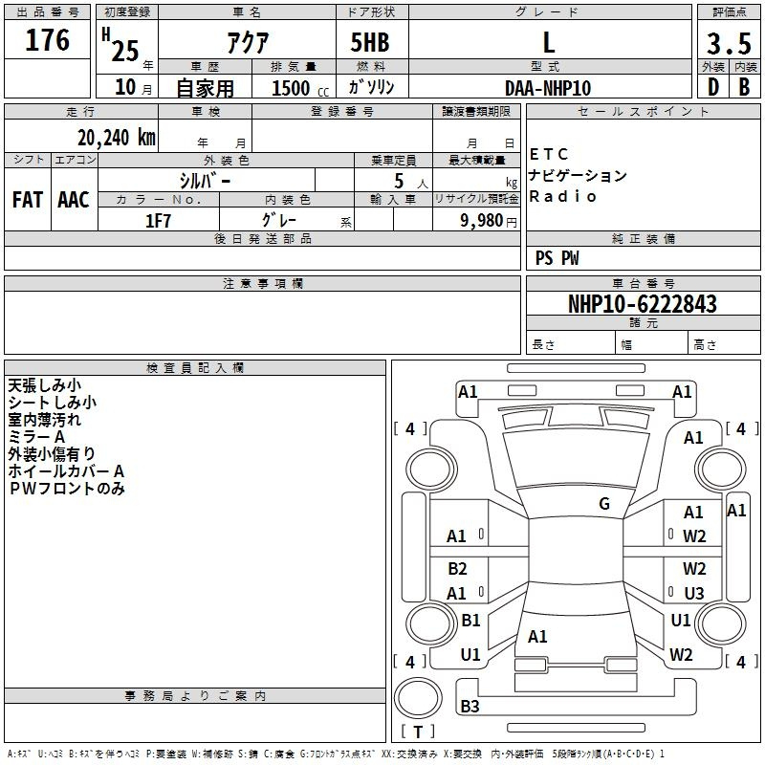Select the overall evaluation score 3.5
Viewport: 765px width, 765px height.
click(x=727, y=45)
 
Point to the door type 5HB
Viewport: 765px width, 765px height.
click(x=370, y=42)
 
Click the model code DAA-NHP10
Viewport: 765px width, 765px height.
click(x=548, y=88)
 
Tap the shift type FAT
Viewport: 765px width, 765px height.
click(x=27, y=200)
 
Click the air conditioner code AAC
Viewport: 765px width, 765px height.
click(x=74, y=200)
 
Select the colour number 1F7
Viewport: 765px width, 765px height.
click(x=158, y=221)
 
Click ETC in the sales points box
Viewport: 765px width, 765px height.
click(x=549, y=154)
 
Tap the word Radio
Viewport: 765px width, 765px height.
click(x=563, y=196)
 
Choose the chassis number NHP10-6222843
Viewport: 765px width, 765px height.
click(x=642, y=304)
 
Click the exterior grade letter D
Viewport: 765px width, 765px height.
click(x=712, y=87)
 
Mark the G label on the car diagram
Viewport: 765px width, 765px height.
click(x=604, y=504)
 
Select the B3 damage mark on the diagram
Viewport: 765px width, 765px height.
click(x=470, y=707)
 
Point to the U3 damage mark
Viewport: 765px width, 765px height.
click(x=693, y=594)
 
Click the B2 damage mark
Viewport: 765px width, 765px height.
click(x=457, y=569)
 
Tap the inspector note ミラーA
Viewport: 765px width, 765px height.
click(x=38, y=436)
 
